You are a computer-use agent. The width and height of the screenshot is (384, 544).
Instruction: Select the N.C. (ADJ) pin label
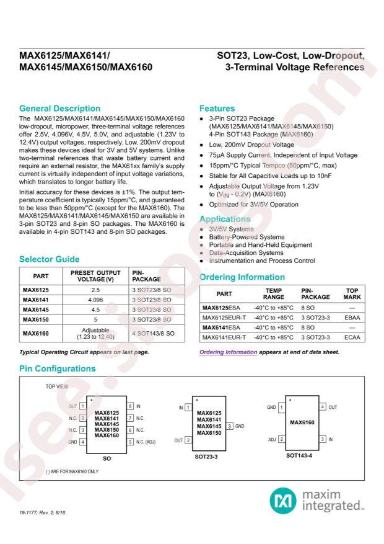[x=152, y=442]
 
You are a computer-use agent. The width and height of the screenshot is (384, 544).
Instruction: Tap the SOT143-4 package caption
[x=303, y=455]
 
